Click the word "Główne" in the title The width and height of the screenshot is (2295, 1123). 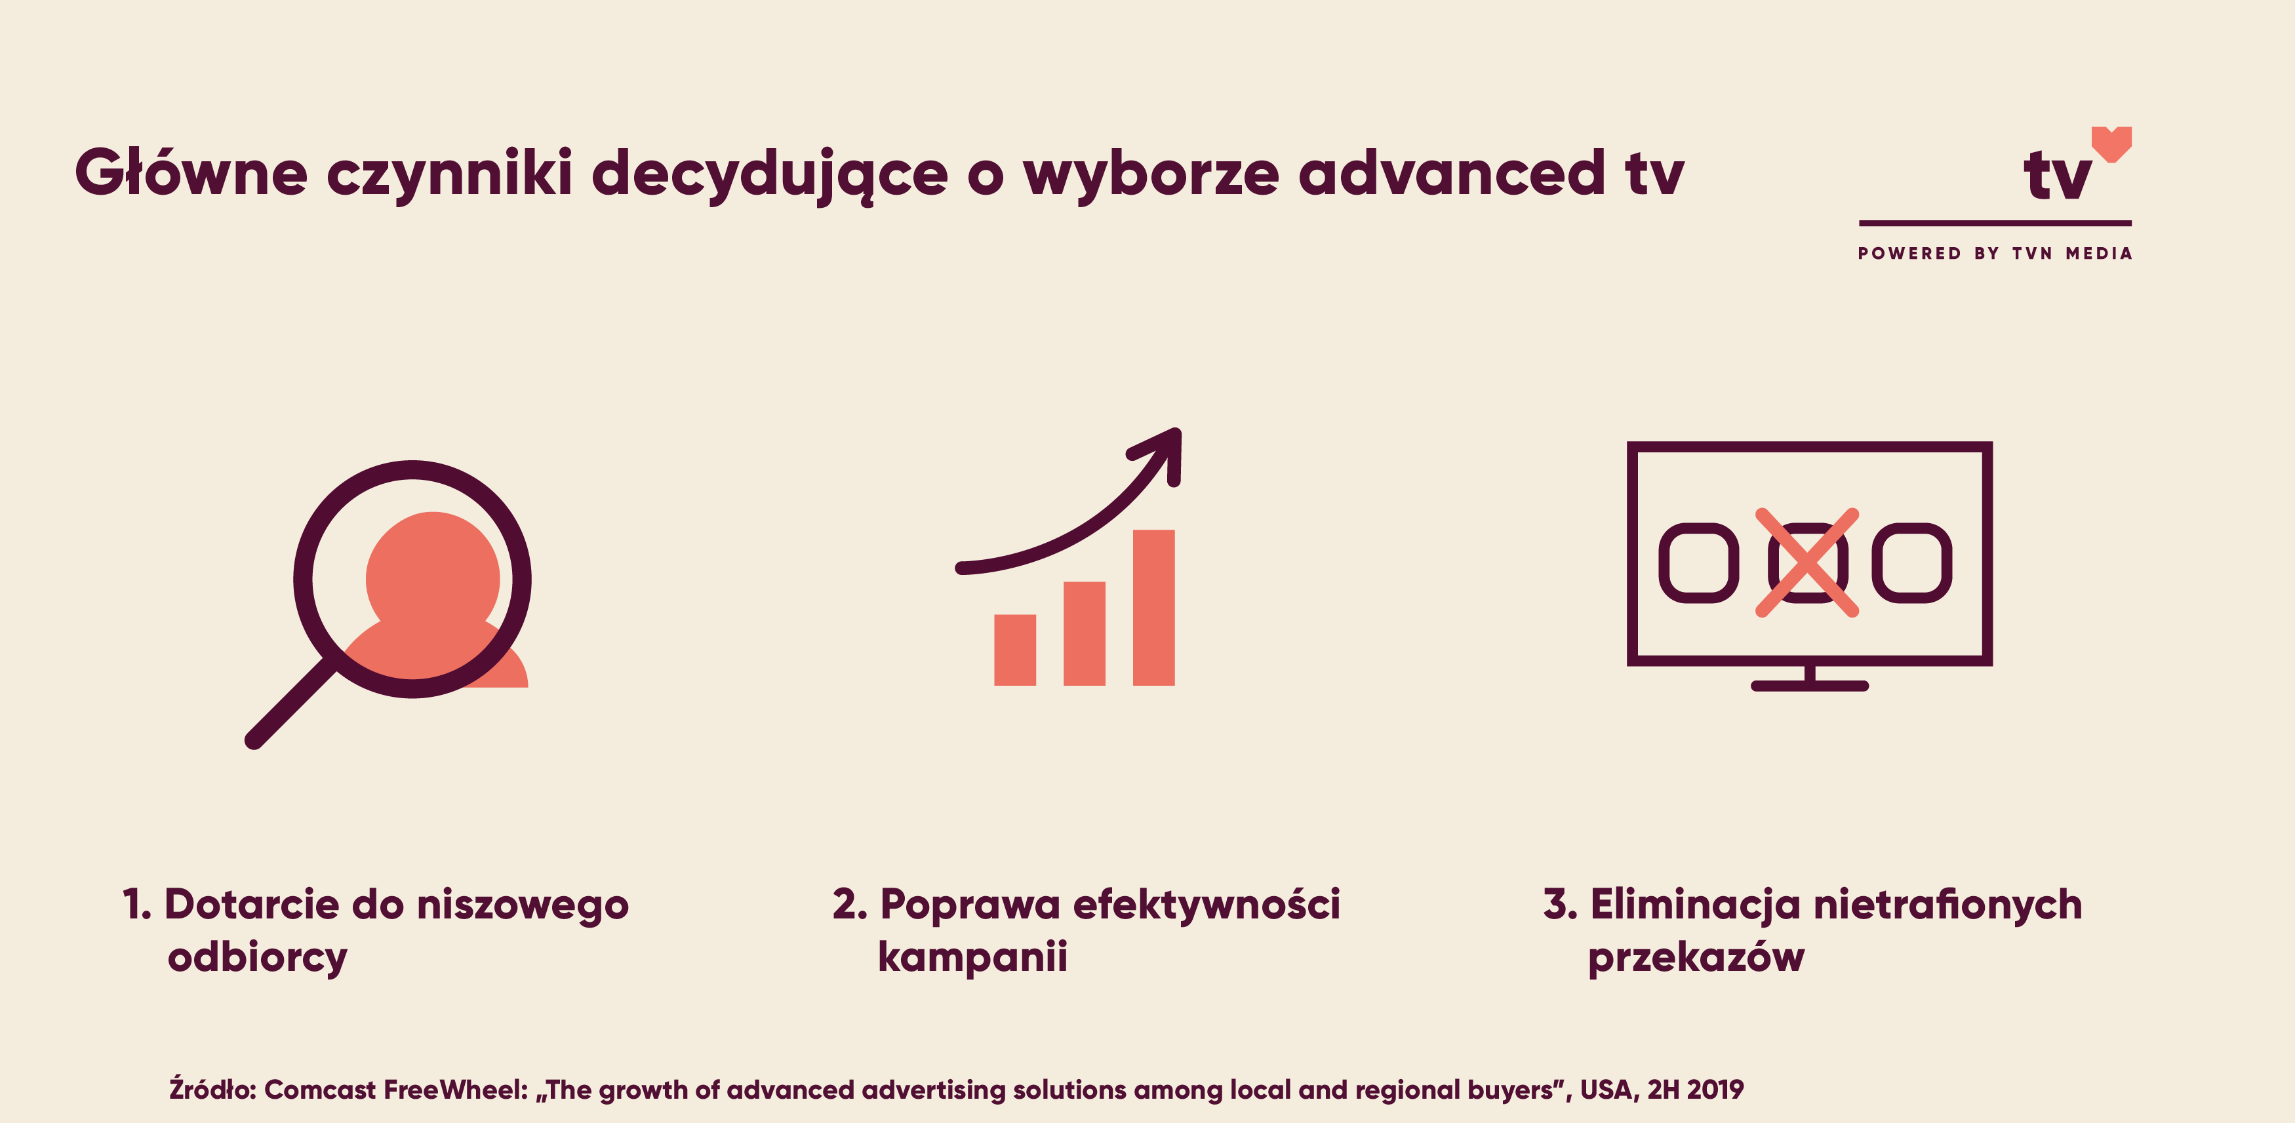[x=191, y=171]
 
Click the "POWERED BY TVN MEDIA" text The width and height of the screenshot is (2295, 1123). [x=1995, y=254]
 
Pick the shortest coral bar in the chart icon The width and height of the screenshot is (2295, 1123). [x=1015, y=650]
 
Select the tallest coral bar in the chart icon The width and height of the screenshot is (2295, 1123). [x=1154, y=607]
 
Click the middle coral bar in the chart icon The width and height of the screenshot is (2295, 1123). [x=1085, y=633]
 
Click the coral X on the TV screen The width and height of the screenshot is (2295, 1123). [x=1806, y=562]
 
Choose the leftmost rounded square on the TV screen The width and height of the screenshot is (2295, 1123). [x=1698, y=563]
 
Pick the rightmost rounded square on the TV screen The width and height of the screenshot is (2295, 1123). [x=1912, y=563]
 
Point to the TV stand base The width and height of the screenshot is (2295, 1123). [x=1810, y=686]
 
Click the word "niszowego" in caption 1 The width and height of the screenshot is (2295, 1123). [x=523, y=906]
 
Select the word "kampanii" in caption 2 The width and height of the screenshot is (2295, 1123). [x=972, y=956]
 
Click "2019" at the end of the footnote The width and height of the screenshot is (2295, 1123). [x=1715, y=1089]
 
